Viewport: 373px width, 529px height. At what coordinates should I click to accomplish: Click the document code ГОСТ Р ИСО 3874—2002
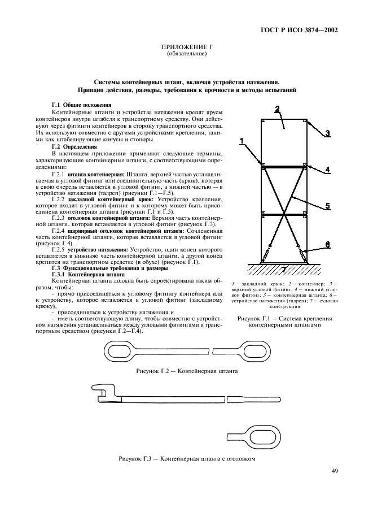click(x=306, y=30)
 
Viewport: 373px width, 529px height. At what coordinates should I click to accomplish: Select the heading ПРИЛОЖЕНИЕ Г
click(x=187, y=48)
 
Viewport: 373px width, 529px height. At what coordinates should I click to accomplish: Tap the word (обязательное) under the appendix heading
click(x=187, y=54)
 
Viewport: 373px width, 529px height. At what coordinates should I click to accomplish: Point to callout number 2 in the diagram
click(x=277, y=109)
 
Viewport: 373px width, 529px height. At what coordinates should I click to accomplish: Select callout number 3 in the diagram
click(x=327, y=134)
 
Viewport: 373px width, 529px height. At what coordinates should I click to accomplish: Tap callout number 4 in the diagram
click(x=327, y=170)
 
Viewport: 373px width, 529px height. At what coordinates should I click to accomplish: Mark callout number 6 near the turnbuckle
click(x=328, y=244)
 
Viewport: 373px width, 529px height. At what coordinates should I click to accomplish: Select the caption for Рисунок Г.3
click(x=187, y=458)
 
